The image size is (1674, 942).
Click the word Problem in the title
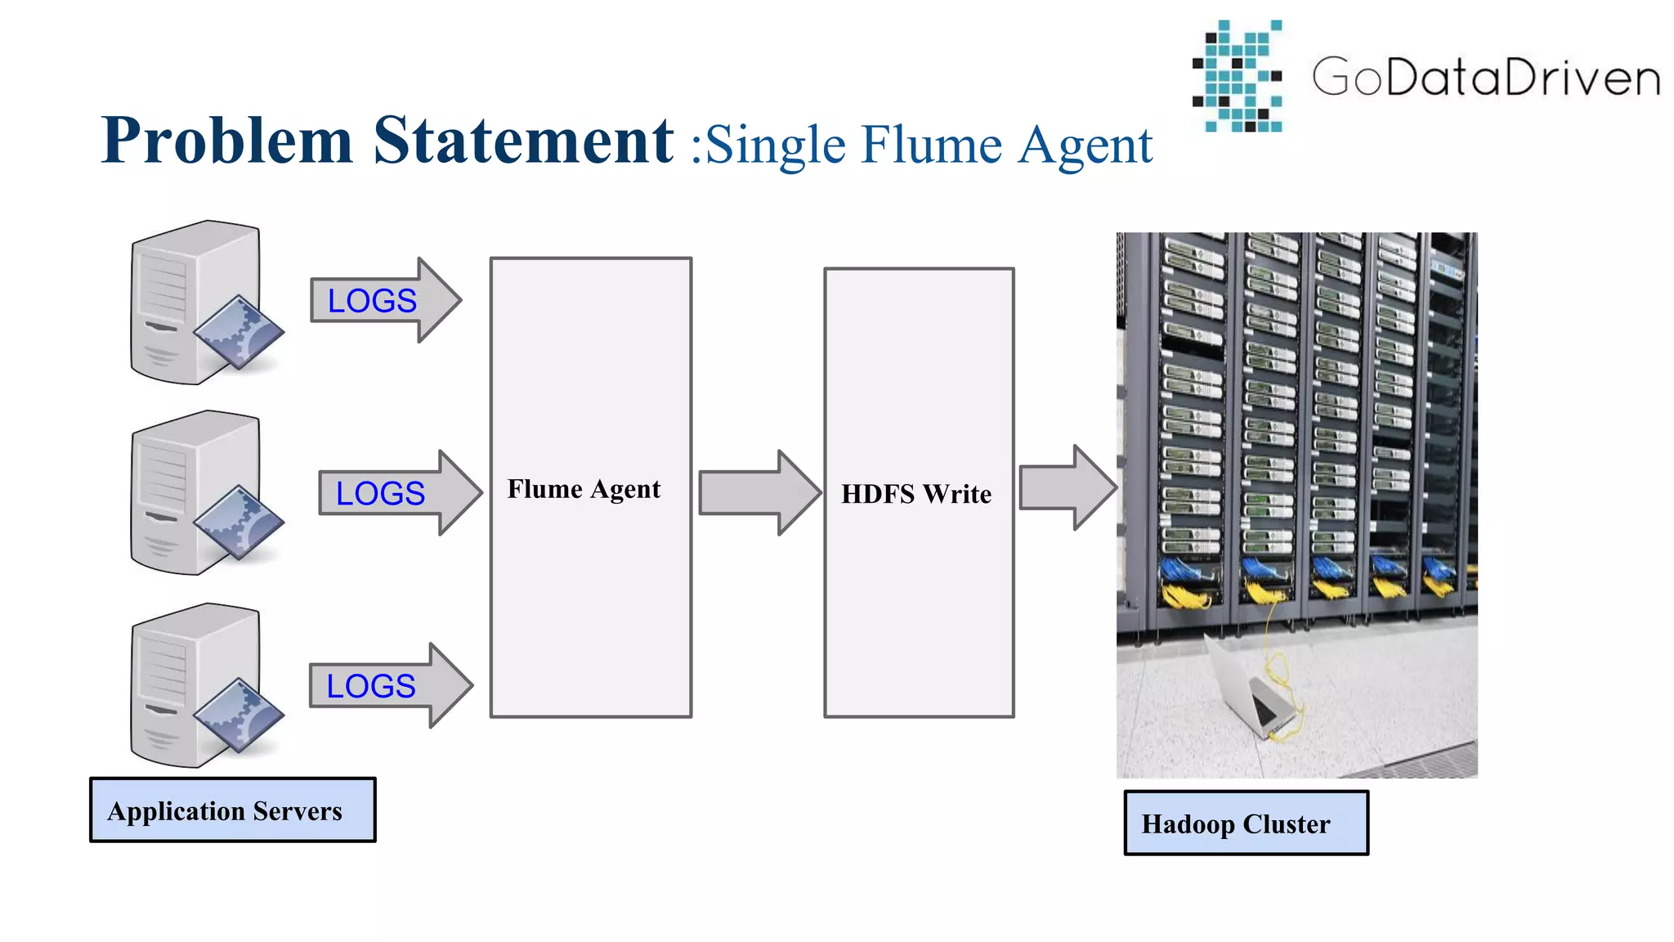coord(226,141)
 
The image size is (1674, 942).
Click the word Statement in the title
coord(523,141)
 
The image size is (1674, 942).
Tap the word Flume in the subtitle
coord(931,146)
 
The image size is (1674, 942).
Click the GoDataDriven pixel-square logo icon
coord(1238,76)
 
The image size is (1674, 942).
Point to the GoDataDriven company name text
coord(1486,78)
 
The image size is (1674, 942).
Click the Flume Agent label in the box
coord(584,489)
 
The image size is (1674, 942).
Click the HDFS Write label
coord(916,494)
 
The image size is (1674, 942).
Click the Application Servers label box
coord(232,810)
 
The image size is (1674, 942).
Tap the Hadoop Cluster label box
coord(1245,823)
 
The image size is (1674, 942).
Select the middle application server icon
coord(196,493)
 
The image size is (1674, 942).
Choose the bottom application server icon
coord(196,685)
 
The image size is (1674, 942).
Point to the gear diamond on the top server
coord(239,331)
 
